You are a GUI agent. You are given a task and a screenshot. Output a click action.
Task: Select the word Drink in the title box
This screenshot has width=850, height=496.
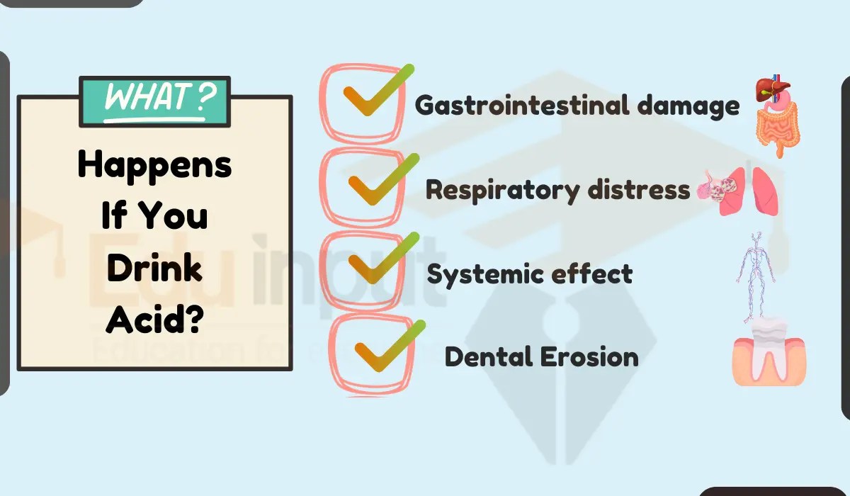pyautogui.click(x=154, y=269)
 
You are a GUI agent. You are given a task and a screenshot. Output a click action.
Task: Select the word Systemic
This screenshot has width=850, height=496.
pyautogui.click(x=482, y=274)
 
